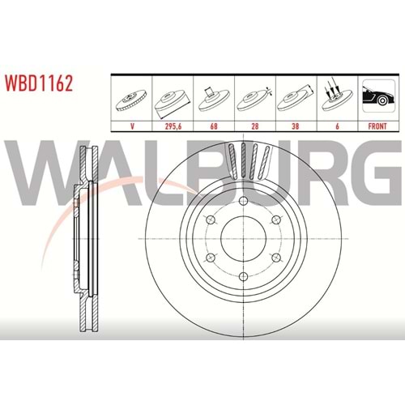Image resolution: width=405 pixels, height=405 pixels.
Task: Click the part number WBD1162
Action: [39, 83]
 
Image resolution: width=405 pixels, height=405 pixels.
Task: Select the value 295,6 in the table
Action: [173, 126]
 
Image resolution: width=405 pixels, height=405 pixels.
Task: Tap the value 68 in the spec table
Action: [214, 126]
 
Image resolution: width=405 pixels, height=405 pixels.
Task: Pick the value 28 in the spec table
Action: [255, 126]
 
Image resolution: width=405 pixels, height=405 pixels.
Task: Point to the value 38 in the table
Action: [296, 126]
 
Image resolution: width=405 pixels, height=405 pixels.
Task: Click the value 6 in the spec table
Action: [337, 126]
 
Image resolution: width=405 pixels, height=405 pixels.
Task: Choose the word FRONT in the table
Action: [377, 126]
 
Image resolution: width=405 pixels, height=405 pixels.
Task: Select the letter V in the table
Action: [132, 126]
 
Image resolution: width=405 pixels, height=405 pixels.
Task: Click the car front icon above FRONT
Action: [377, 96]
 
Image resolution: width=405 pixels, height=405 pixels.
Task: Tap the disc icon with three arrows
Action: [338, 96]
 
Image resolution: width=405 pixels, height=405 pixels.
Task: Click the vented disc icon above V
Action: [131, 100]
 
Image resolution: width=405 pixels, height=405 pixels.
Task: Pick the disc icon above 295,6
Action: [173, 103]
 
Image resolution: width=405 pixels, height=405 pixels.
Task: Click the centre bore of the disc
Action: [244, 239]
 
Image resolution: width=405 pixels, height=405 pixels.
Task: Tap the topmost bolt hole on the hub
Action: [244, 201]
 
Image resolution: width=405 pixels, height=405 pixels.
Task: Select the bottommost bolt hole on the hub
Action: [244, 276]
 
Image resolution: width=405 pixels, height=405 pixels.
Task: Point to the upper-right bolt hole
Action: [276, 220]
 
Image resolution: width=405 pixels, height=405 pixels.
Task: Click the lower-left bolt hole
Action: [211, 258]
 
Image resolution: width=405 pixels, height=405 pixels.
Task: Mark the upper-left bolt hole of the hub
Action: [211, 220]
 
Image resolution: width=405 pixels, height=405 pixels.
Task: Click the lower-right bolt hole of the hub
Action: [276, 258]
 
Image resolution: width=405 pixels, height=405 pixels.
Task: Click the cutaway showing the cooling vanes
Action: [249, 161]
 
